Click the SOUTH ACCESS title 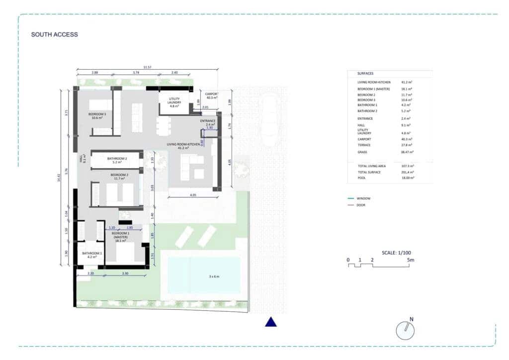[x=54, y=35]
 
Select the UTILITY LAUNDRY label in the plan [x=174, y=102]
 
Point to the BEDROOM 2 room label [x=119, y=175]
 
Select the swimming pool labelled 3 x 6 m [x=204, y=274]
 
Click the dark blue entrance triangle [x=270, y=322]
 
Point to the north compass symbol [x=406, y=330]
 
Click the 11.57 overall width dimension [x=147, y=67]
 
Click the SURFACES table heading [x=365, y=73]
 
